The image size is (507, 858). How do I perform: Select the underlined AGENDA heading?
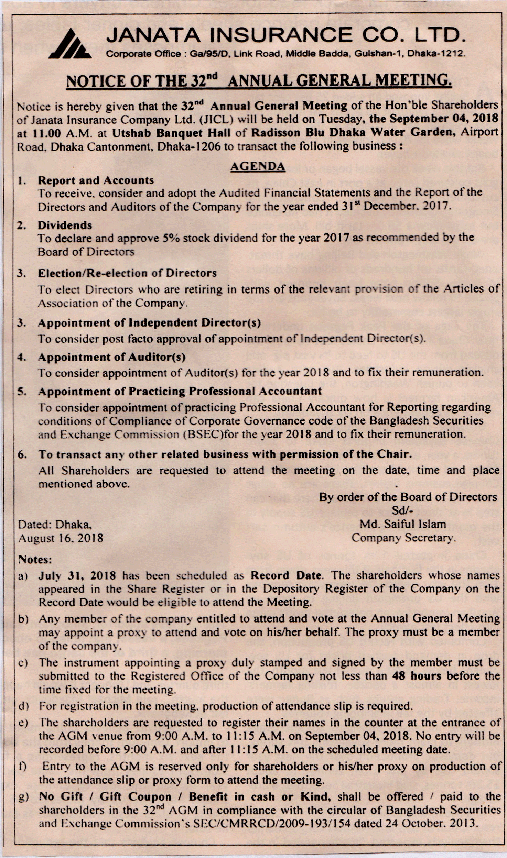(258, 166)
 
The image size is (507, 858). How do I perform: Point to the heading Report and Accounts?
(96, 180)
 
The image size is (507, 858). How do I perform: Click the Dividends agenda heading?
(65, 225)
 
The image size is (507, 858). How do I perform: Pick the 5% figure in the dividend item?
(171, 238)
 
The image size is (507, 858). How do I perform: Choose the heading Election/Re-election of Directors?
(127, 273)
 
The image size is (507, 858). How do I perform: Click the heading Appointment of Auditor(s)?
(112, 357)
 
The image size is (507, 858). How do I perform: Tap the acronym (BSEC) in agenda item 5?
(204, 434)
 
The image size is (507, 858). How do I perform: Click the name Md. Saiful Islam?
(402, 524)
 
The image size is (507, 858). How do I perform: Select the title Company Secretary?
(403, 538)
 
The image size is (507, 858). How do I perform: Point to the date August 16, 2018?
(61, 538)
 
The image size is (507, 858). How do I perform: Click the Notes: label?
(35, 559)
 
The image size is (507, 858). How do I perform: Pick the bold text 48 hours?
(417, 676)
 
